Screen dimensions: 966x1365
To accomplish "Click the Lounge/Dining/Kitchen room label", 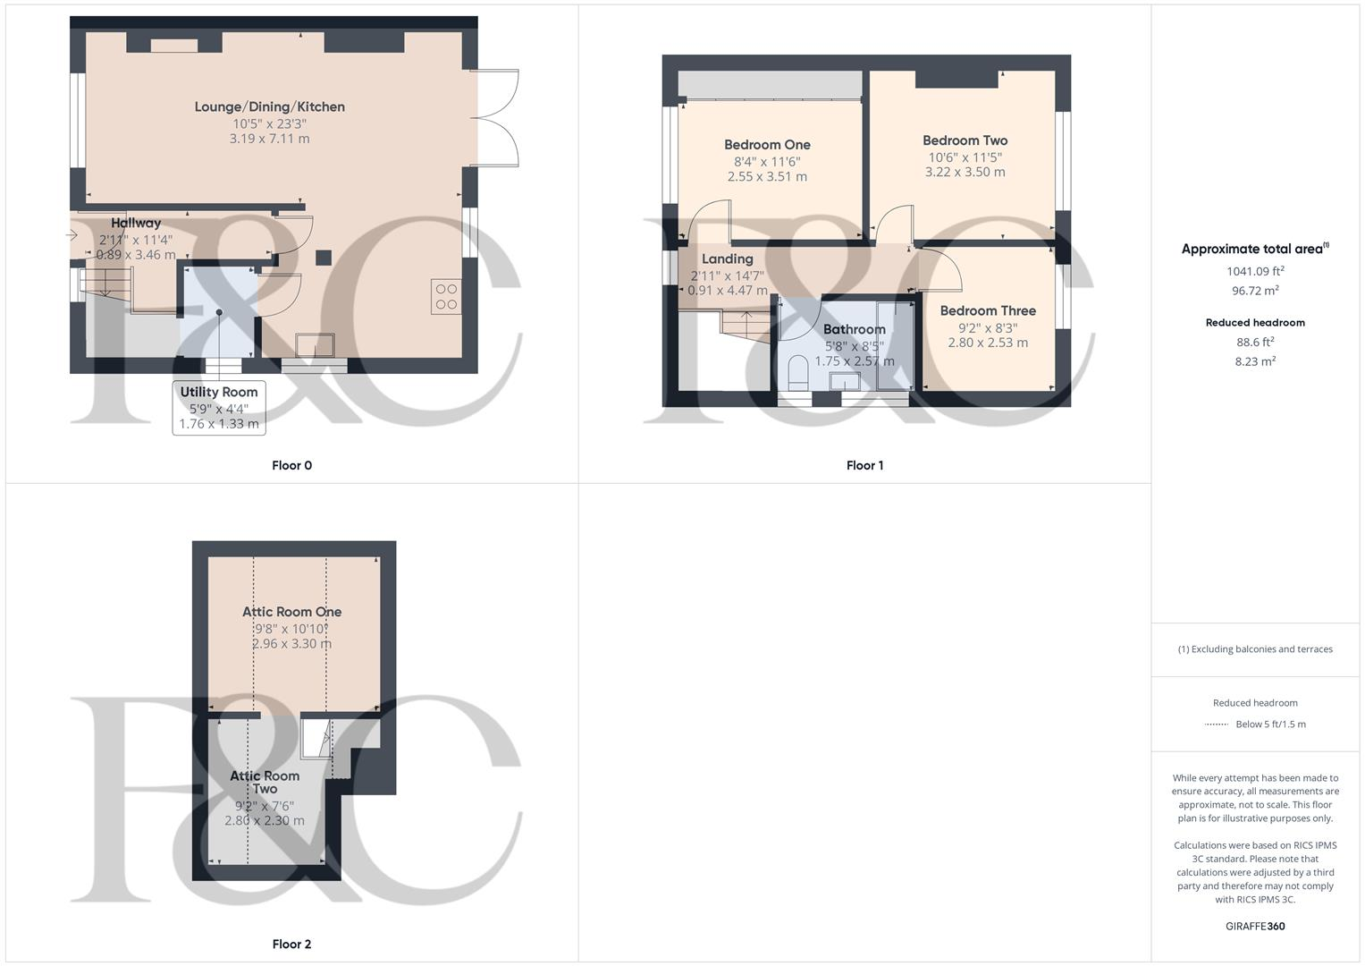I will pyautogui.click(x=269, y=107).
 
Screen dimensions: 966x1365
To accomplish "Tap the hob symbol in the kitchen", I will pyautogui.click(x=446, y=297).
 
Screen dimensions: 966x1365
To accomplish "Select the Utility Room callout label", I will pyautogui.click(x=219, y=392).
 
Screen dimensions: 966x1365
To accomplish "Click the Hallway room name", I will pyautogui.click(x=136, y=223).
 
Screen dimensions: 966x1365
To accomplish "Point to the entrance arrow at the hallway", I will pyautogui.click(x=72, y=235).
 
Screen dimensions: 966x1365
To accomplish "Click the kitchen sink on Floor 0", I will pyautogui.click(x=316, y=346).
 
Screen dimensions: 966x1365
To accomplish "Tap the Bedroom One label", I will pyautogui.click(x=767, y=145).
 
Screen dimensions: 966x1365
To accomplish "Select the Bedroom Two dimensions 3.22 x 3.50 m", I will pyautogui.click(x=965, y=172).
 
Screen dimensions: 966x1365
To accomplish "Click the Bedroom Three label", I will pyautogui.click(x=988, y=311).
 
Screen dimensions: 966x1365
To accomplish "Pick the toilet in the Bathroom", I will pyautogui.click(x=798, y=373).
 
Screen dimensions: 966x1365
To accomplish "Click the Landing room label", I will pyautogui.click(x=727, y=259).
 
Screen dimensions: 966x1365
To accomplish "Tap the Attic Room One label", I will pyautogui.click(x=291, y=612).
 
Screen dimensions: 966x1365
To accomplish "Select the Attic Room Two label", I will pyautogui.click(x=265, y=783).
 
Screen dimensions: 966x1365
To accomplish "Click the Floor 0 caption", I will pyautogui.click(x=291, y=465).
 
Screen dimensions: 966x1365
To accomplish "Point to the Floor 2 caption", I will pyautogui.click(x=291, y=944).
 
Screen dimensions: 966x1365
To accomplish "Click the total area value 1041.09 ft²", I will pyautogui.click(x=1255, y=271).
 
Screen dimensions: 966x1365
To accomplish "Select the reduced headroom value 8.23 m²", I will pyautogui.click(x=1255, y=361).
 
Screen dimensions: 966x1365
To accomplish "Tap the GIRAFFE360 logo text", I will pyautogui.click(x=1255, y=926).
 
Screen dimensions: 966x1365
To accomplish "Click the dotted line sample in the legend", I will pyautogui.click(x=1217, y=724).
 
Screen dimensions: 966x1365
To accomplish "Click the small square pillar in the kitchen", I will pyautogui.click(x=324, y=258).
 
